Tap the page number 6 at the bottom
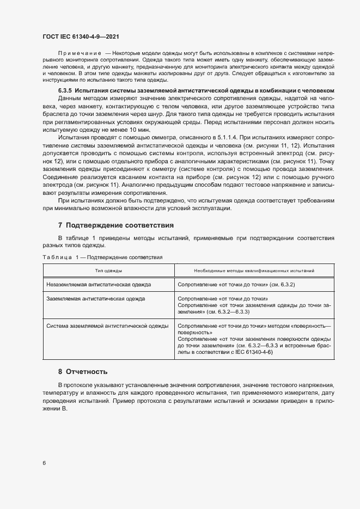(x=44, y=463)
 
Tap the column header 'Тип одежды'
(x=109, y=271)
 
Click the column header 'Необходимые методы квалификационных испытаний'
(x=254, y=271)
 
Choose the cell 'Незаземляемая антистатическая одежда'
(x=99, y=284)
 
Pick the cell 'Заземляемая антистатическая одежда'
(x=95, y=299)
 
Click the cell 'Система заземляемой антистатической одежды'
(x=115, y=326)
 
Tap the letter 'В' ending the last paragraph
(x=63, y=409)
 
